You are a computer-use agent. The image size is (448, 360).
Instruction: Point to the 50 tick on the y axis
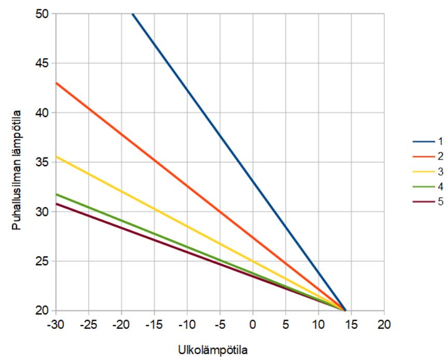pos(41,14)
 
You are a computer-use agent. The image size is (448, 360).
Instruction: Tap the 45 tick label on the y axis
pos(41,63)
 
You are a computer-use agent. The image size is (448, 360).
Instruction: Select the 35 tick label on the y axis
pos(41,162)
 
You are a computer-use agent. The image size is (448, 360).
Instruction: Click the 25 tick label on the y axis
pos(41,261)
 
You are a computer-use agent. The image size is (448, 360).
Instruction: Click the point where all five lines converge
pos(345,310)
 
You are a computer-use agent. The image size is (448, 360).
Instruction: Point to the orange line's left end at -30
pos(56,83)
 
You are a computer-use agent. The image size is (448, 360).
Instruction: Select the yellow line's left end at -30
pos(56,156)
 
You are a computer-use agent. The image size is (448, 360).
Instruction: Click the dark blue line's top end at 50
pos(133,15)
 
